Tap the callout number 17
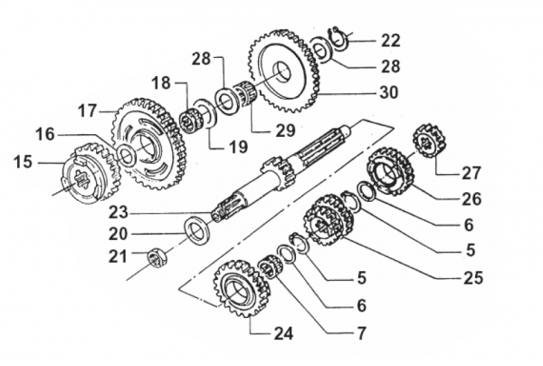pos(87,111)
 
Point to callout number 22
pos(390,40)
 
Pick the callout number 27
pos(471,173)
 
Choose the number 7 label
pos(361,332)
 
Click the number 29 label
pos(285,130)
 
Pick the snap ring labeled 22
pos(339,38)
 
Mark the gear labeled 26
pos(391,172)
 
